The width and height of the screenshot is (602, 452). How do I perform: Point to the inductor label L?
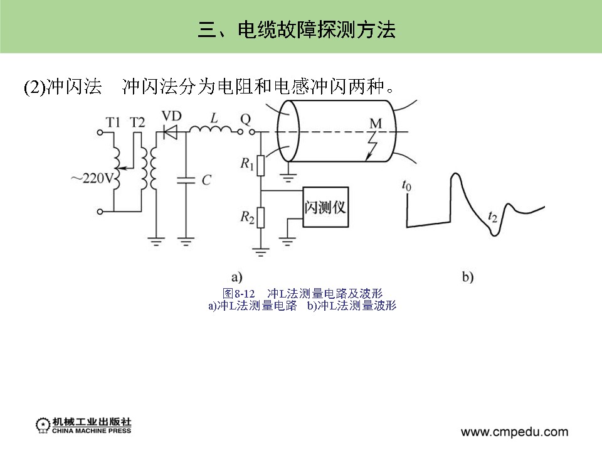click(x=214, y=118)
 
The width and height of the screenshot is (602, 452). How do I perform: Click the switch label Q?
click(x=245, y=118)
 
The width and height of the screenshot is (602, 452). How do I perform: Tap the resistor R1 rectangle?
click(x=262, y=165)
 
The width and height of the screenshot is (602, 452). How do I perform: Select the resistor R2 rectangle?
click(x=262, y=218)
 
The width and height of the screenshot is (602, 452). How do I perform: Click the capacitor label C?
click(x=206, y=180)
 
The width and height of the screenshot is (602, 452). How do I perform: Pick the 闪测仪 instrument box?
click(x=325, y=207)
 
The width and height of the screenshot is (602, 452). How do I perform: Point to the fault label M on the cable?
click(x=375, y=124)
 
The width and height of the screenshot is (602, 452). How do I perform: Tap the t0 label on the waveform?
click(x=408, y=185)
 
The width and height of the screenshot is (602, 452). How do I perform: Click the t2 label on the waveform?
click(x=493, y=218)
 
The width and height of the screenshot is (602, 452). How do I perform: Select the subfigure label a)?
click(x=236, y=276)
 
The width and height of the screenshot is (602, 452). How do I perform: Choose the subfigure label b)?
click(x=468, y=276)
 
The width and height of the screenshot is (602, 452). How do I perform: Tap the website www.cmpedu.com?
click(x=515, y=432)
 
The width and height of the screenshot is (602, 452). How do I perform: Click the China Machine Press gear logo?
click(x=43, y=425)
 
